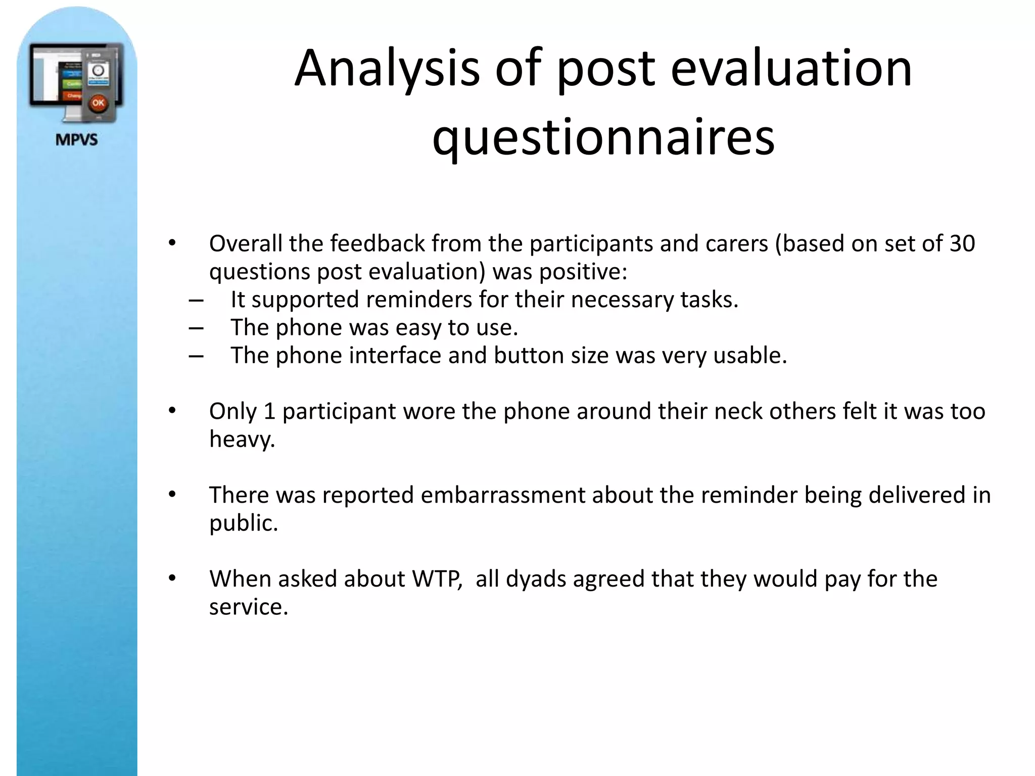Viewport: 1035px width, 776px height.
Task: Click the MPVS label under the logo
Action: pyautogui.click(x=76, y=139)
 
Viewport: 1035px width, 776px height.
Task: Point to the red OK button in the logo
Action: pyautogui.click(x=98, y=103)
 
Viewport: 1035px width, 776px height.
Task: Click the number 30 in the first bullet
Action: pyautogui.click(x=962, y=244)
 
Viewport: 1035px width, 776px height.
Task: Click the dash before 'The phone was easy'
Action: pyautogui.click(x=196, y=328)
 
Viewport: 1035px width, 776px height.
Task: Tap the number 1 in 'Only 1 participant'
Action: pyautogui.click(x=269, y=411)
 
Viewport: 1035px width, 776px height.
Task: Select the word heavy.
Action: pyautogui.click(x=242, y=440)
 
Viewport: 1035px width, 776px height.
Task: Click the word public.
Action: pyautogui.click(x=244, y=523)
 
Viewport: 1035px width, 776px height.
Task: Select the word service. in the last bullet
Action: pyautogui.click(x=248, y=607)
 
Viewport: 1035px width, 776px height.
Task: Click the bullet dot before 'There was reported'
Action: pyautogui.click(x=172, y=495)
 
